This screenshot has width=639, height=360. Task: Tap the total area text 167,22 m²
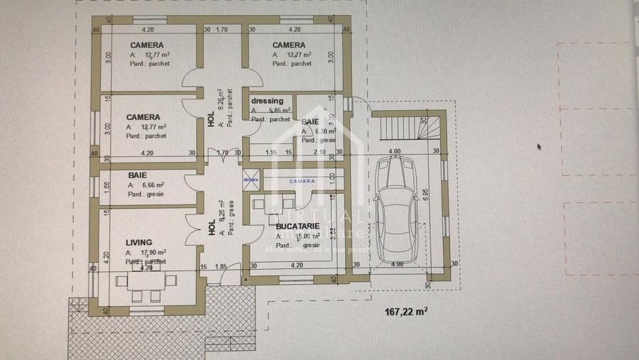[405, 311]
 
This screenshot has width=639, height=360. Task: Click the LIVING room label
[139, 242]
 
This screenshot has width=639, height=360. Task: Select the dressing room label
[268, 101]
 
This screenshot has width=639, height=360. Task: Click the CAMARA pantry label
[301, 181]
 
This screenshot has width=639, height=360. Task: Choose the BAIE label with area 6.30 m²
[310, 122]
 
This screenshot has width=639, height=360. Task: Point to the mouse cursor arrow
[540, 147]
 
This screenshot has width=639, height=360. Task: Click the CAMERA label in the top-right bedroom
[289, 45]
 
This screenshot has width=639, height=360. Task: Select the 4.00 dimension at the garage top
[395, 151]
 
